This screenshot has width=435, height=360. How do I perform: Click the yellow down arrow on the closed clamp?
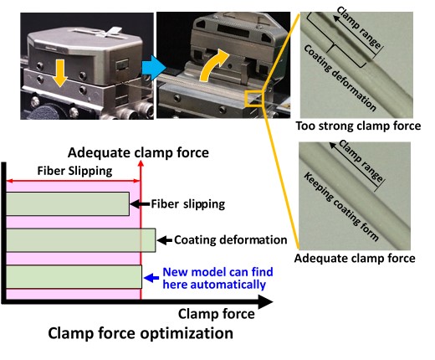[60, 73]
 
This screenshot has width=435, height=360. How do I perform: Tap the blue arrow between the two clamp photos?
[154, 68]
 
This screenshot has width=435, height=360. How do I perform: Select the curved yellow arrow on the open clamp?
[213, 65]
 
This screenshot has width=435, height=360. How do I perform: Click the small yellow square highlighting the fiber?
[253, 99]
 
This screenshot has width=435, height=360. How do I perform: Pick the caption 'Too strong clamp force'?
[358, 126]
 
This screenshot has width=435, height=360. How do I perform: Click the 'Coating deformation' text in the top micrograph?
[340, 78]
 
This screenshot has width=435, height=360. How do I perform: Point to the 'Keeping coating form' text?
[341, 207]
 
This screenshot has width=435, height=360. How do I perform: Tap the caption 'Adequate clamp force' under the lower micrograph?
[355, 258]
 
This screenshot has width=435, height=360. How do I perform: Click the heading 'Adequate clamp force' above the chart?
[138, 152]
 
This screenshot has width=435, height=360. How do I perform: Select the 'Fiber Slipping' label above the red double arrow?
[74, 171]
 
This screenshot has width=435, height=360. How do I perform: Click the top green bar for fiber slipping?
[68, 203]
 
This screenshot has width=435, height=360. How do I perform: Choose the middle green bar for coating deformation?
[81, 240]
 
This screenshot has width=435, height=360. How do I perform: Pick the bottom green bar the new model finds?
[74, 277]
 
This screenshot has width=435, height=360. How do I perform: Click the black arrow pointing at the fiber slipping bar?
[140, 204]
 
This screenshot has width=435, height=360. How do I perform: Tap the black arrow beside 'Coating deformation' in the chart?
[165, 240]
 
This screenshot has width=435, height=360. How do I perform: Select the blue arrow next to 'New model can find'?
[151, 278]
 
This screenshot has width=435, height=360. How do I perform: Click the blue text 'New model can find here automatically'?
[217, 278]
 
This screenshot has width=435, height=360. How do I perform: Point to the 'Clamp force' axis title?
[217, 314]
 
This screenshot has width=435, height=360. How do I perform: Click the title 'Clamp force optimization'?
[141, 333]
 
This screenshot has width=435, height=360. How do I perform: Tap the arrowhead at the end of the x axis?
[266, 301]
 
